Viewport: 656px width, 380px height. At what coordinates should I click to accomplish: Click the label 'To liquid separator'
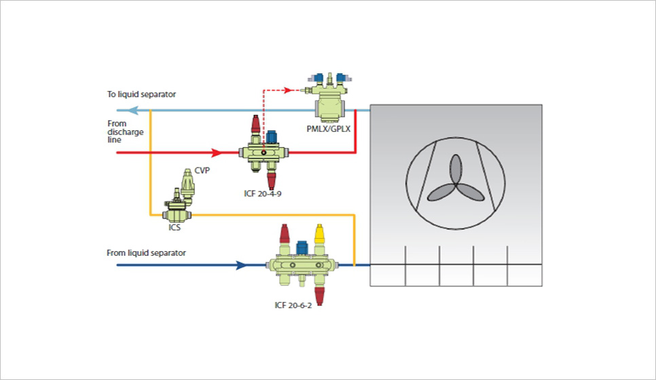136,94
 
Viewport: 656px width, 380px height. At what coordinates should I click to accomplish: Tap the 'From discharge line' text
126,132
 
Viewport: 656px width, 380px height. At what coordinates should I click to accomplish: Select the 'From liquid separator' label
146,253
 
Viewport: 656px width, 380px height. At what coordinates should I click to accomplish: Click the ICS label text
175,228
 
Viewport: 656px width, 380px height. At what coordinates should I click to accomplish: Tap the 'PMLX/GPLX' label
329,128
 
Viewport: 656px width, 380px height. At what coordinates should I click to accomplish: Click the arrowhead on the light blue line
134,109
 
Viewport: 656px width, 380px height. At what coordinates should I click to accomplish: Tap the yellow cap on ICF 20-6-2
320,234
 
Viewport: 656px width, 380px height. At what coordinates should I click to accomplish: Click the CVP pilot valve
187,185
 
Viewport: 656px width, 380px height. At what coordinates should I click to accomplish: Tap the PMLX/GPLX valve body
335,108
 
